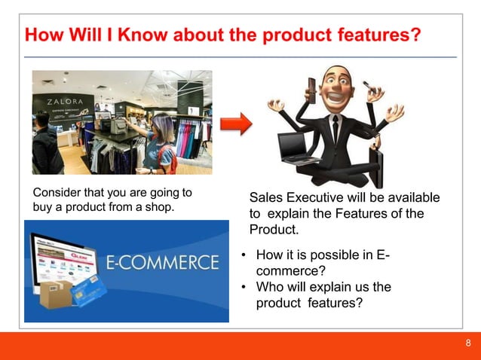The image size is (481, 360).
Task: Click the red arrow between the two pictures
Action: (234, 124)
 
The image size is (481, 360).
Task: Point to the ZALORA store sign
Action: (66, 101)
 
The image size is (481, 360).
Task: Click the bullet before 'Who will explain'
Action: (244, 287)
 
